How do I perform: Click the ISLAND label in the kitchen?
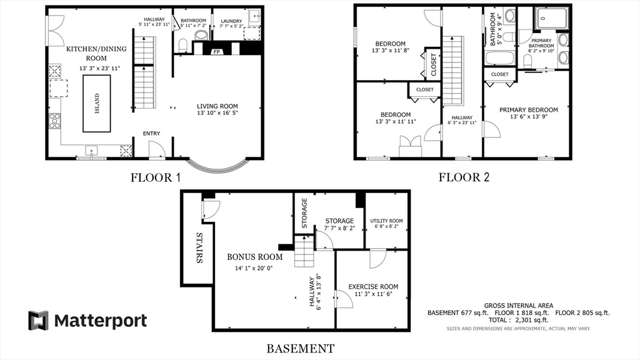point(97,104)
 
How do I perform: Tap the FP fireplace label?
point(217,52)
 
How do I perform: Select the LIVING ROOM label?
point(217,106)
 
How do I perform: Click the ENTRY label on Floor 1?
point(152,133)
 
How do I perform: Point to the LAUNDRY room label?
point(231,21)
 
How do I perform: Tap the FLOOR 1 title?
point(155,177)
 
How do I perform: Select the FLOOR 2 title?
point(464,177)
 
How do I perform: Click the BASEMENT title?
point(301,348)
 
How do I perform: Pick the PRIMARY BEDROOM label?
point(528,110)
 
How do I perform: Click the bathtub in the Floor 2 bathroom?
point(499,60)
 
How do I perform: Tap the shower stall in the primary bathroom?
point(551,18)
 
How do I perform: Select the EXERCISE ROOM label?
point(373,287)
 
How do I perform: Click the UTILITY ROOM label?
point(386,221)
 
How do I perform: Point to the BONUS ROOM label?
point(254,257)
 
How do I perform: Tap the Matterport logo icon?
point(38,321)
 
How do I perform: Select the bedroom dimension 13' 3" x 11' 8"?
point(390,51)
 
